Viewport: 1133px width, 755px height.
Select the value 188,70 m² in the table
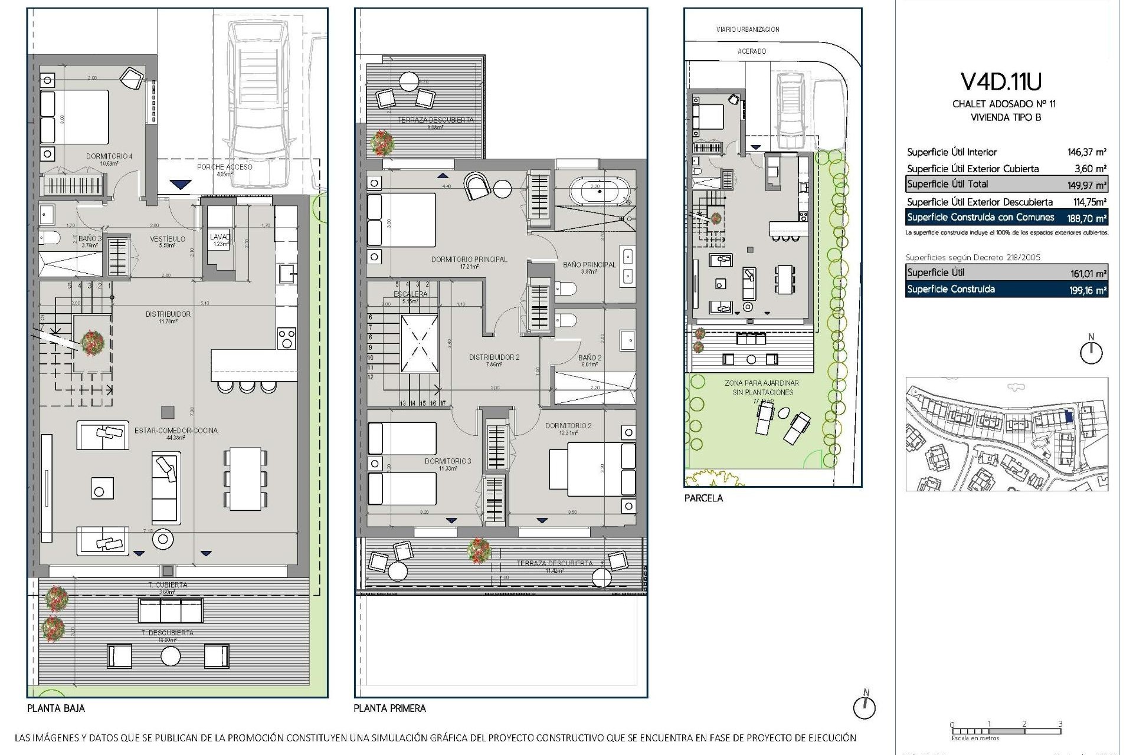(x=1089, y=218)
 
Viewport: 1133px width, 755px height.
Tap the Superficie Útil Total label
(x=947, y=184)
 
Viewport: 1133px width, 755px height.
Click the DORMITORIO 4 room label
(x=109, y=156)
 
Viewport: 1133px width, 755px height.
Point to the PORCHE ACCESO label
(x=224, y=167)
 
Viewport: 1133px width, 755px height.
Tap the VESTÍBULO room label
(x=168, y=239)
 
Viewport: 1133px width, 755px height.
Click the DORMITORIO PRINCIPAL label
(x=469, y=259)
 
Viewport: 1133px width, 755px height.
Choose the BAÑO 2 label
(x=590, y=357)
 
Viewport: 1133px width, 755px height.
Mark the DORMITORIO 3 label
(x=448, y=461)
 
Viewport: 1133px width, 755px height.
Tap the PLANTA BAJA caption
(x=56, y=708)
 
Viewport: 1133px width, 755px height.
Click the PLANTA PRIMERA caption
(x=389, y=708)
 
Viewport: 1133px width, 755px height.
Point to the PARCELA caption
(x=703, y=498)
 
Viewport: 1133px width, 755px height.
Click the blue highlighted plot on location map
(x=1069, y=416)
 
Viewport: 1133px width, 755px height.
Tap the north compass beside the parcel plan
(x=1091, y=352)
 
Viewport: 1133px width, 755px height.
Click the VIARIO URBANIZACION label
(x=748, y=29)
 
